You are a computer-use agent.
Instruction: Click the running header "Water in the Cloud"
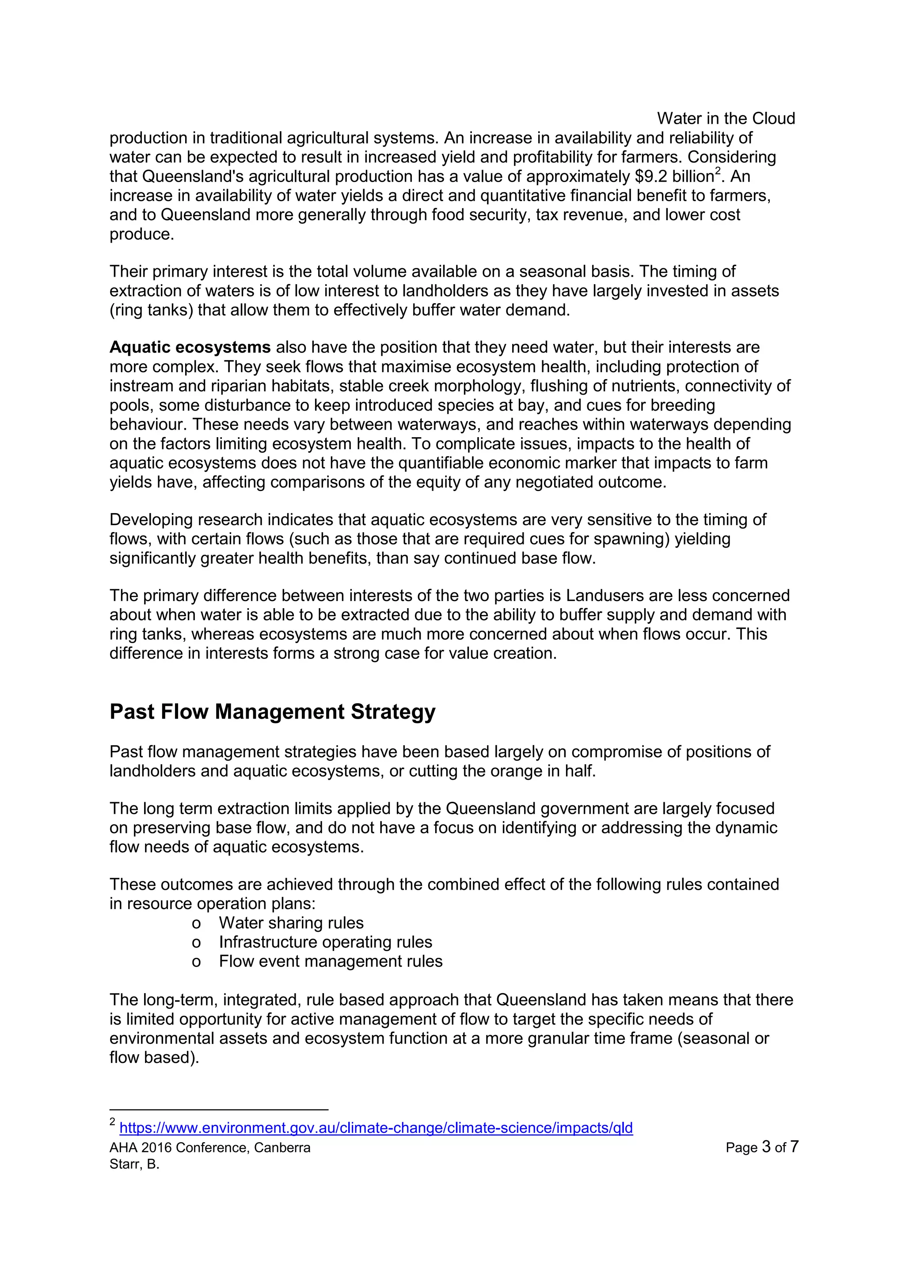coord(726,119)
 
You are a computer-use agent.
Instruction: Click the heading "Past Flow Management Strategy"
coord(273,712)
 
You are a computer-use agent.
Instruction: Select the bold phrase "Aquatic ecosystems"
coord(190,347)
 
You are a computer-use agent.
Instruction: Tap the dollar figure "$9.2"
coord(651,177)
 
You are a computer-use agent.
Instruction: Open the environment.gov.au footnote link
coord(376,1128)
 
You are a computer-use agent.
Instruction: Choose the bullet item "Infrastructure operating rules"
coord(325,942)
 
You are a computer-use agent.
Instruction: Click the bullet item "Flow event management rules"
coord(331,961)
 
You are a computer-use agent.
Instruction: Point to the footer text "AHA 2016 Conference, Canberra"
coord(210,1148)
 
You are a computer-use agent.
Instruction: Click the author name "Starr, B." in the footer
coord(134,1165)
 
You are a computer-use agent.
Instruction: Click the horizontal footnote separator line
coord(218,1109)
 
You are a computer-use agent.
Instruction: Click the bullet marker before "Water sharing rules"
coord(196,924)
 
